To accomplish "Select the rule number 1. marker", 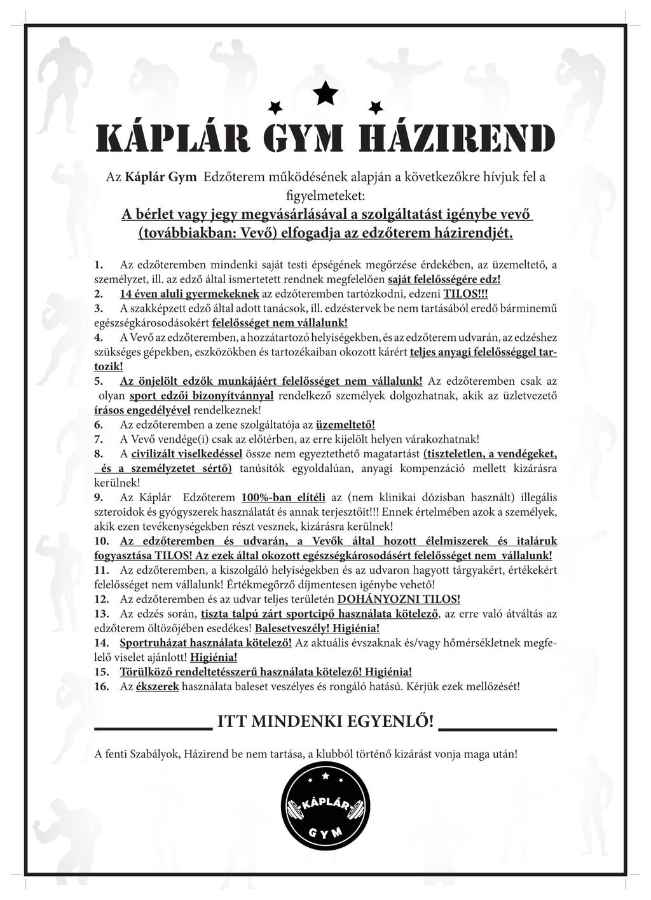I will point(98,264).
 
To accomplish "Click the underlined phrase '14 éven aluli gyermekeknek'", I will point(189,293).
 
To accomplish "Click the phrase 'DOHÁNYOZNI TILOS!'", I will point(399,599).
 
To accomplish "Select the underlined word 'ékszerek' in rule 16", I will point(158,687).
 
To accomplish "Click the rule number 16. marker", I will point(101,687).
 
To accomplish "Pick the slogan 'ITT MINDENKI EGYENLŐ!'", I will point(325,721).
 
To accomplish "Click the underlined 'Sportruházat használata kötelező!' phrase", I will point(206,643).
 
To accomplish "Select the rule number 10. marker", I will point(101,541).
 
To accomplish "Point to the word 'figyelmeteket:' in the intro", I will point(325,191).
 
